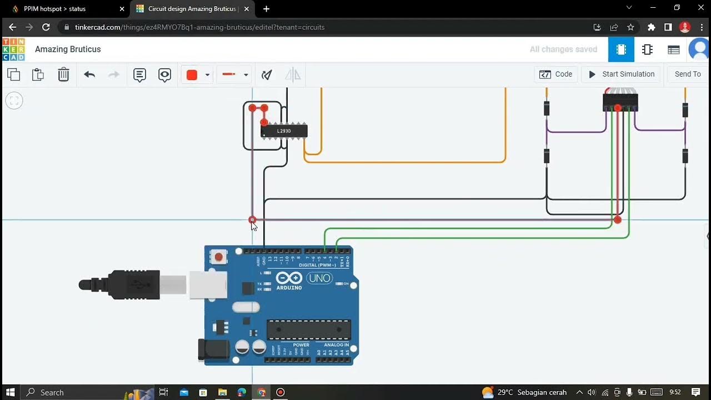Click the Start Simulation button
pos(622,74)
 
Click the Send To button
pos(687,74)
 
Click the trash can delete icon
pos(64,74)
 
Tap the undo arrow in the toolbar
pos(89,74)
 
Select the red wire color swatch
pos(192,75)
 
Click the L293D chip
pos(284,131)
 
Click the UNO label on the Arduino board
pos(319,278)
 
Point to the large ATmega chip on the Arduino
pos(309,330)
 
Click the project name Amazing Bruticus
pos(68,49)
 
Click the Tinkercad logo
pos(13,49)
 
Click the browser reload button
pos(46,27)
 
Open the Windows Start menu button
pos(10,392)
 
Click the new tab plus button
pos(267,9)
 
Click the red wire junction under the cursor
pos(252,220)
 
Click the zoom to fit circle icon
pos(14,101)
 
